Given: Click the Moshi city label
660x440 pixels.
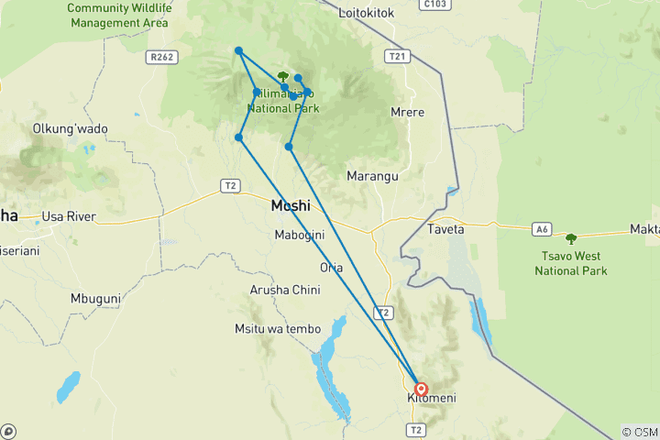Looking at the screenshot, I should pos(291,206).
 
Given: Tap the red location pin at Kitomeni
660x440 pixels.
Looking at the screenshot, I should pos(421,389).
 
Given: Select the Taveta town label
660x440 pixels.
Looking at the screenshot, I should pos(445,229).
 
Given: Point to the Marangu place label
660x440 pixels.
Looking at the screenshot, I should pos(370,176).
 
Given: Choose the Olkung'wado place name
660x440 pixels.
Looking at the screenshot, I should pos(70,129).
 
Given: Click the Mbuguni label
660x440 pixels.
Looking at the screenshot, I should pos(96,299).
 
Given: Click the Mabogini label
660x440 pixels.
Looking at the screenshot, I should pos(300,236).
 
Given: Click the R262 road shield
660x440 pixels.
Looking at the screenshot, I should pos(159,57).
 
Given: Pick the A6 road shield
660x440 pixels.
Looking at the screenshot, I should pos(542,229).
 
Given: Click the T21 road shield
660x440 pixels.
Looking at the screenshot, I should pos(397,57).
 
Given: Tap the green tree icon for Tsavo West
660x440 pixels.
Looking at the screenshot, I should pos(571,239).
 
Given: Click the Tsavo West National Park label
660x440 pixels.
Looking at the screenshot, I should pos(571,264).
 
